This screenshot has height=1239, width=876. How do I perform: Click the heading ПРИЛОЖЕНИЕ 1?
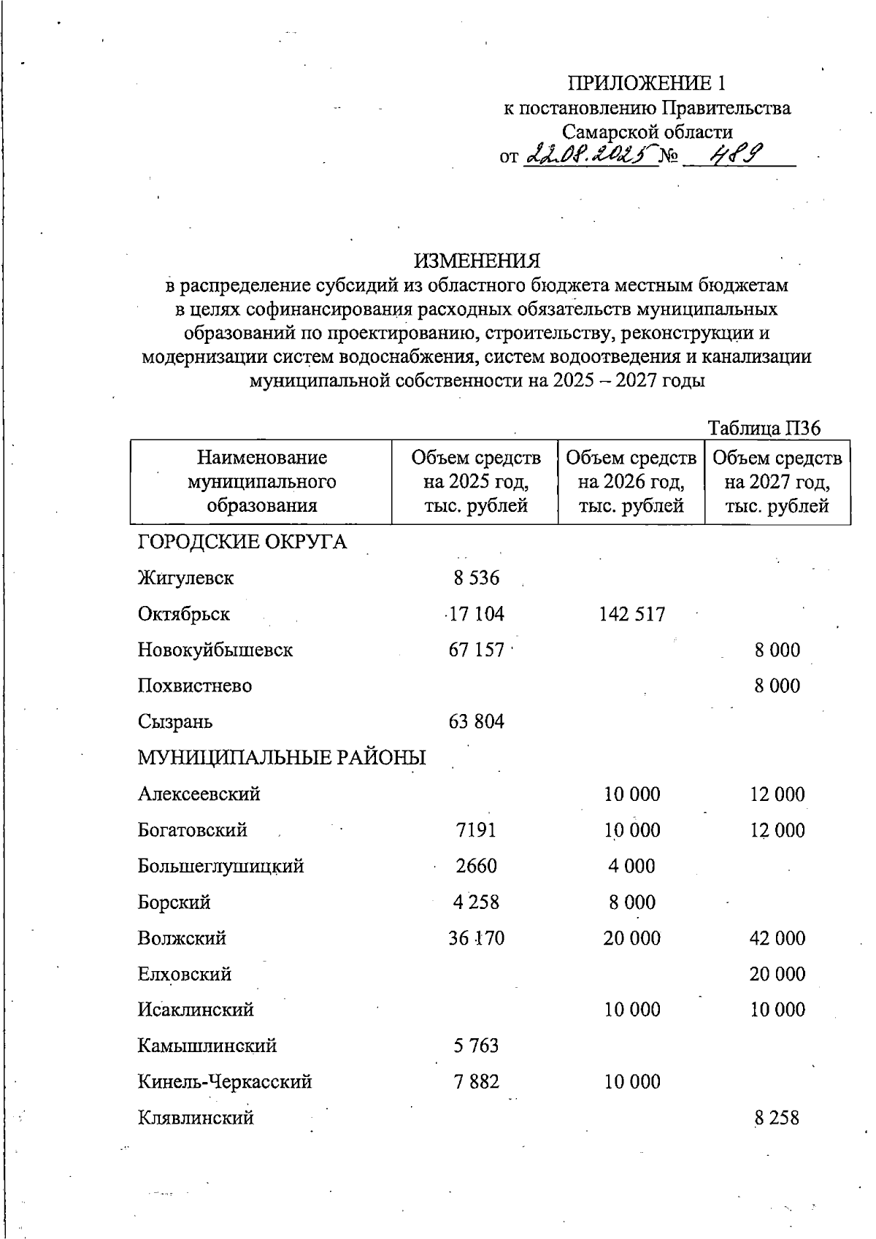click(x=648, y=83)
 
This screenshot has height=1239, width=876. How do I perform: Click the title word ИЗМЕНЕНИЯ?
click(x=477, y=261)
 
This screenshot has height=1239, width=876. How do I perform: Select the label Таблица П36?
click(x=764, y=428)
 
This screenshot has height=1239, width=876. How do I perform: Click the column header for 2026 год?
click(x=631, y=482)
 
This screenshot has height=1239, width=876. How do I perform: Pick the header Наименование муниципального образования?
click(x=261, y=482)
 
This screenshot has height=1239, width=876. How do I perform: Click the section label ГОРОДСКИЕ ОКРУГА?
click(x=242, y=542)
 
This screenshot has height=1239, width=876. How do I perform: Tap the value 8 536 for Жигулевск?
click(x=476, y=578)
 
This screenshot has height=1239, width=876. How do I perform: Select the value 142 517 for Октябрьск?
click(x=631, y=614)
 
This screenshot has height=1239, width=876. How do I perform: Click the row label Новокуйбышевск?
click(x=215, y=650)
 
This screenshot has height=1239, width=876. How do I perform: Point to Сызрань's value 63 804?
click(x=476, y=722)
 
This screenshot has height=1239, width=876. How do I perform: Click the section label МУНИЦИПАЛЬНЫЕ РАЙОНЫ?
click(x=282, y=758)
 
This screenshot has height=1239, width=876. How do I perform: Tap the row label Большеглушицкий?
click(x=220, y=866)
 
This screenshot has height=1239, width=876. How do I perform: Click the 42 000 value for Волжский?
click(x=777, y=938)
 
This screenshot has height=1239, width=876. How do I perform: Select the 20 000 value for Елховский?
click(x=777, y=974)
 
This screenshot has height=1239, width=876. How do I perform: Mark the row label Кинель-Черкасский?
click(x=225, y=1081)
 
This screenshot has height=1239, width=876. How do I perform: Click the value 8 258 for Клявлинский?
click(x=777, y=1118)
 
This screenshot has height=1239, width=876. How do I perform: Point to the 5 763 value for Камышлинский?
click(x=476, y=1046)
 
